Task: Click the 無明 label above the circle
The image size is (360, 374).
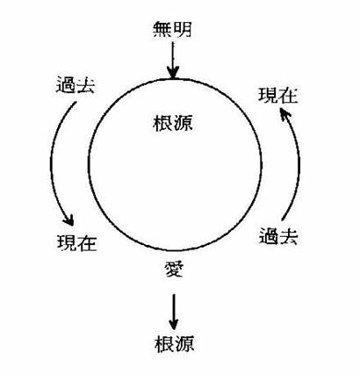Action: click(x=172, y=30)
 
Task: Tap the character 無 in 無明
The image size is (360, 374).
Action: click(x=162, y=30)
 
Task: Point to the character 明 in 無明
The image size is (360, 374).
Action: click(x=183, y=30)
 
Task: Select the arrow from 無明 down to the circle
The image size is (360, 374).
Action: click(x=173, y=61)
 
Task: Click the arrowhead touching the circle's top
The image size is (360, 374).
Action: click(x=173, y=73)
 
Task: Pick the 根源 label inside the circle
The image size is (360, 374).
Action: click(x=173, y=123)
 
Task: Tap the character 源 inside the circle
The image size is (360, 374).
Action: click(x=183, y=123)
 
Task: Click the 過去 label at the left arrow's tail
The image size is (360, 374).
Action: click(x=76, y=84)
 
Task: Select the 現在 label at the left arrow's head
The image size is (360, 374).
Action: click(x=77, y=242)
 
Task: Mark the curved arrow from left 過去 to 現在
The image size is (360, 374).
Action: click(x=52, y=164)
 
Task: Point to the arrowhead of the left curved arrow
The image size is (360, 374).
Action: click(x=68, y=220)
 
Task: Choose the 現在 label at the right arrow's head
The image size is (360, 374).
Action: click(x=278, y=96)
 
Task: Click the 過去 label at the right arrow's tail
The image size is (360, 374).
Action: click(x=278, y=236)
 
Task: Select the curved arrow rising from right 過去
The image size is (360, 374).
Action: click(x=299, y=164)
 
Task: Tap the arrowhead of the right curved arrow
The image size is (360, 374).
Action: click(x=284, y=113)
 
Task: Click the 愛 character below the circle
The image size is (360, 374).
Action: click(x=174, y=269)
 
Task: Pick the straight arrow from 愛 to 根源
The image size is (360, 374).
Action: click(x=174, y=312)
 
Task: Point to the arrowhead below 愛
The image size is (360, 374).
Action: click(x=174, y=324)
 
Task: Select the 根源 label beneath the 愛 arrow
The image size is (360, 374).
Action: click(x=175, y=344)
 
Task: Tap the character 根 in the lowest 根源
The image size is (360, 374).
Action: click(x=164, y=344)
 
